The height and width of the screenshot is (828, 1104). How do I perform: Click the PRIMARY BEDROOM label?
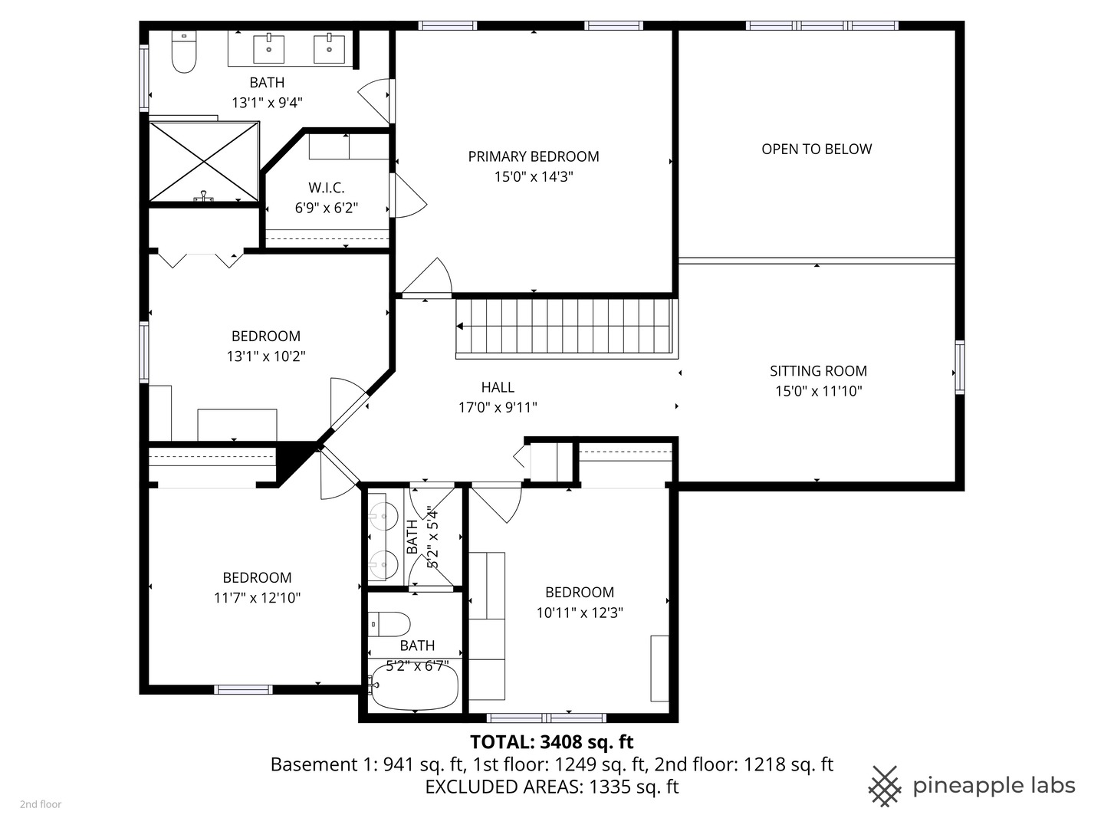tap(534, 156)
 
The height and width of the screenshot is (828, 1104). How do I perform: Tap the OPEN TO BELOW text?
tap(816, 149)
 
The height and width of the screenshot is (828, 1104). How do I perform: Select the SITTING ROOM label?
tap(818, 371)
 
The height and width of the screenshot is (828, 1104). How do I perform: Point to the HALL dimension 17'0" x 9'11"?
tap(498, 408)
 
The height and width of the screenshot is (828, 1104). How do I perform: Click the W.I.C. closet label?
tap(327, 188)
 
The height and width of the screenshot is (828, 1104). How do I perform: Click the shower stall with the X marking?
tap(204, 161)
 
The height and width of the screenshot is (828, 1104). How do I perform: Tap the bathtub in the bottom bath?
tap(414, 685)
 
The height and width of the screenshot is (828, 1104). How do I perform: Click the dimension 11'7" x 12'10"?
tap(257, 598)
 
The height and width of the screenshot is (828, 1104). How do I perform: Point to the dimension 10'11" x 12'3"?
tap(580, 613)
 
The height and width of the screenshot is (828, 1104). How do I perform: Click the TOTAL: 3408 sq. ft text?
tap(551, 742)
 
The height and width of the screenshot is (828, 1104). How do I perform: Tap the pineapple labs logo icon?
tap(884, 786)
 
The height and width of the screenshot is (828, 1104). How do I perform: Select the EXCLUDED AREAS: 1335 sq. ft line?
tap(551, 787)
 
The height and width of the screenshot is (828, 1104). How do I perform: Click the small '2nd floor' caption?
tap(41, 804)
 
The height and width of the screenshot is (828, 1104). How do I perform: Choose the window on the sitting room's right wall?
tap(959, 367)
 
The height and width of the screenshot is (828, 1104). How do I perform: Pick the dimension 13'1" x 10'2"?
tap(266, 356)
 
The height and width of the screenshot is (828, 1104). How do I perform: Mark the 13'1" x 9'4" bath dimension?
tap(267, 103)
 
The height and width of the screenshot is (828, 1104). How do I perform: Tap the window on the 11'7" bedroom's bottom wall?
tap(244, 689)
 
